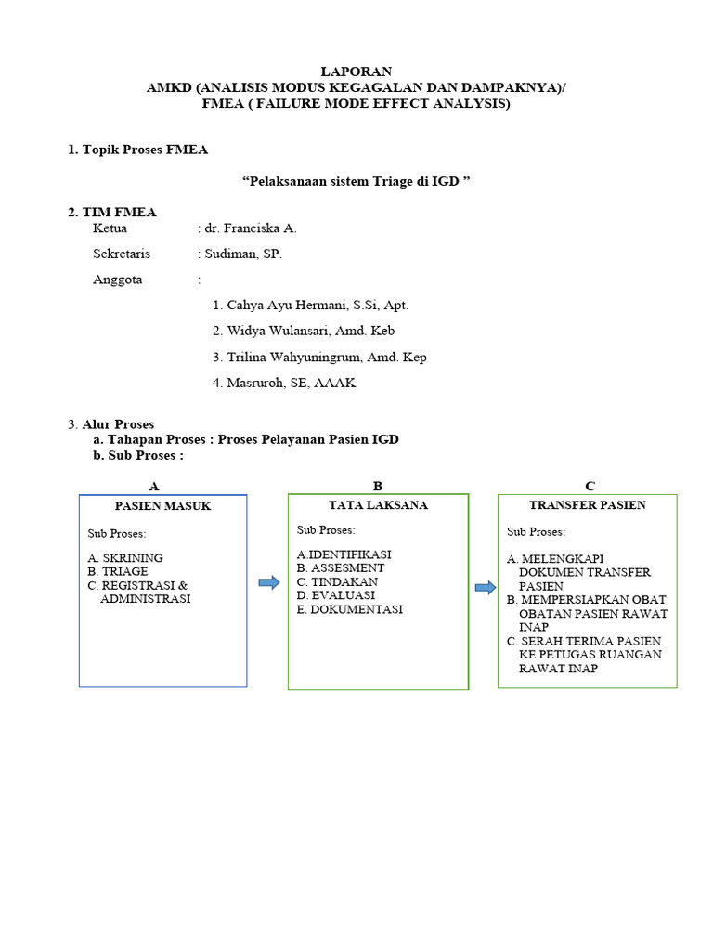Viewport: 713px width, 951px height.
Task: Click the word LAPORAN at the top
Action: tap(356, 72)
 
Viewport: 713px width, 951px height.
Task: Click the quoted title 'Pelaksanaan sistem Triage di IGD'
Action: tap(356, 181)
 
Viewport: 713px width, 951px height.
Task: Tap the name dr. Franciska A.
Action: tap(251, 228)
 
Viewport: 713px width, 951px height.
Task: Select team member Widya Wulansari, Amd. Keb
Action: tap(310, 331)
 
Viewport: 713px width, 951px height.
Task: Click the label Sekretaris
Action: tap(122, 254)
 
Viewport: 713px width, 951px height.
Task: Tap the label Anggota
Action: tap(118, 280)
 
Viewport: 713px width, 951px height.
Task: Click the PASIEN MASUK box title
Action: tap(163, 506)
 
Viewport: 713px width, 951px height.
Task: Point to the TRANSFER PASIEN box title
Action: tap(588, 505)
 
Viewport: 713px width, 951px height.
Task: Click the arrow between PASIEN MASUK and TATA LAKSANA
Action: tap(268, 582)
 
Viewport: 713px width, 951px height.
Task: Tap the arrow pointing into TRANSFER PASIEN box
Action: tap(485, 587)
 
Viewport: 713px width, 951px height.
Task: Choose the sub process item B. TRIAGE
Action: tap(118, 572)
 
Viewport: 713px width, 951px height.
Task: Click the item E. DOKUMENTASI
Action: tap(350, 609)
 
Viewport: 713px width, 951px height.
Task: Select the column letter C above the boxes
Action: tap(590, 486)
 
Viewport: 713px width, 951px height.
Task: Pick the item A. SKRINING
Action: tap(125, 558)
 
